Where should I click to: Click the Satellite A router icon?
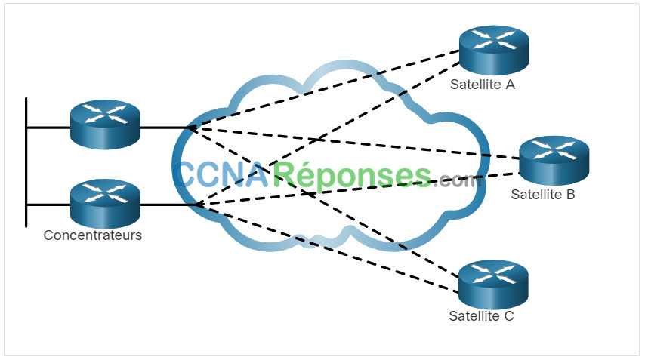pyautogui.click(x=494, y=50)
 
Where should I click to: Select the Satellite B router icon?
pyautogui.click(x=554, y=160)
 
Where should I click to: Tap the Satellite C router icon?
pyautogui.click(x=493, y=285)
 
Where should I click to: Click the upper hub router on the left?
pyautogui.click(x=105, y=124)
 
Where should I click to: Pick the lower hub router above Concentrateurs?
pyautogui.click(x=105, y=204)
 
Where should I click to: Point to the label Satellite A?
pyautogui.click(x=482, y=85)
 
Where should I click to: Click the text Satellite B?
pyautogui.click(x=542, y=195)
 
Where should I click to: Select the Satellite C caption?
pyautogui.click(x=481, y=316)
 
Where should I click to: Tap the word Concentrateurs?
pyautogui.click(x=93, y=235)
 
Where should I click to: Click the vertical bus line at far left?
pyautogui.click(x=26, y=162)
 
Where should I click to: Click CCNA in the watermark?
pyautogui.click(x=221, y=174)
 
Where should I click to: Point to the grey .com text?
pyautogui.click(x=457, y=180)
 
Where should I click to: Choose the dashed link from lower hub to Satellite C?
pyautogui.click(x=329, y=248)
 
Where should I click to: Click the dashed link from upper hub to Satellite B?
pyautogui.click(x=354, y=143)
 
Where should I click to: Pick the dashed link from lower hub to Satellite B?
pyautogui.click(x=359, y=189)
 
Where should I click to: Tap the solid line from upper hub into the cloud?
pyautogui.click(x=165, y=128)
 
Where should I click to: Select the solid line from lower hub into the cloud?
pyautogui.click(x=169, y=205)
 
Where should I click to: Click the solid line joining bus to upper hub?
pyautogui.click(x=48, y=128)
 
